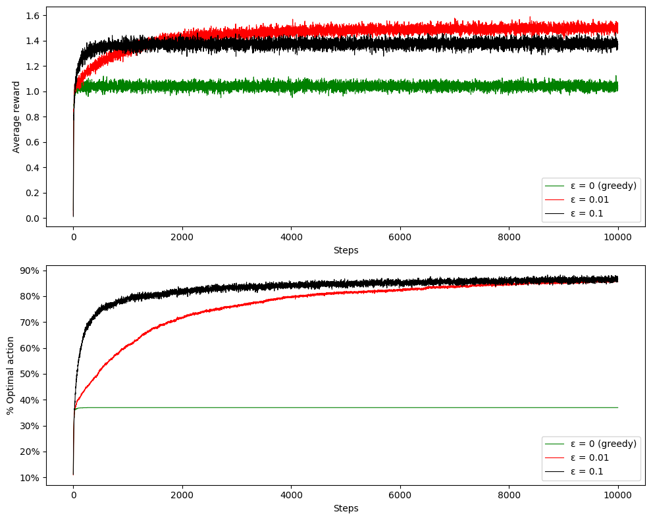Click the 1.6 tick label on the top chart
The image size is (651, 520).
(x=33, y=16)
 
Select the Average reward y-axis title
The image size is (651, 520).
(x=16, y=117)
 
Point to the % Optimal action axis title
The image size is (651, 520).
(x=10, y=375)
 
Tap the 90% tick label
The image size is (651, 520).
(x=30, y=271)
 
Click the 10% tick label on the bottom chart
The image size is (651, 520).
(x=30, y=478)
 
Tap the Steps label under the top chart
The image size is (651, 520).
(x=346, y=250)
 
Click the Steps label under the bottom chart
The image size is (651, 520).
(x=346, y=508)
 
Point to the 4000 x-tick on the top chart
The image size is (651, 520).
(x=291, y=237)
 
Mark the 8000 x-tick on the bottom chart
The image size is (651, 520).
(x=509, y=495)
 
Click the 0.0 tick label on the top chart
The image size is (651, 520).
(x=33, y=219)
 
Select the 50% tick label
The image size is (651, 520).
(x=30, y=375)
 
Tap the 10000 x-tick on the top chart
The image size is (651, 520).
(x=618, y=237)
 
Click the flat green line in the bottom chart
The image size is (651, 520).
(x=346, y=408)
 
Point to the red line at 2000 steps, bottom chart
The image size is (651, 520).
(x=182, y=318)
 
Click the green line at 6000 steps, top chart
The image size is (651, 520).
(x=400, y=87)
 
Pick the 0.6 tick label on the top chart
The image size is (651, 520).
(x=33, y=142)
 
